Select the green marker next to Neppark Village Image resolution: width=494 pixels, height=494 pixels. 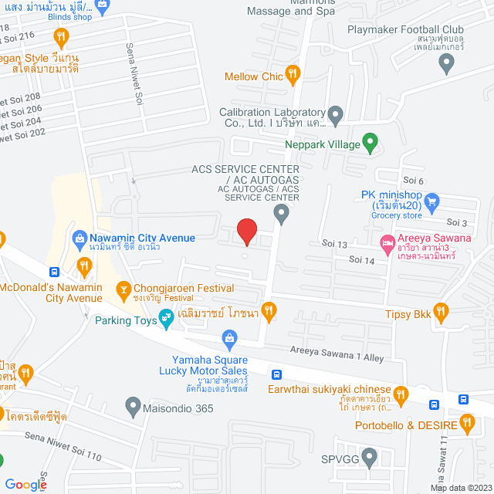point(370,143)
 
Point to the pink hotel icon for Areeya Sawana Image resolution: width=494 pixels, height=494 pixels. point(386,245)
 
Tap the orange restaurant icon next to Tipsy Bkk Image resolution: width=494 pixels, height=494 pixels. point(441,312)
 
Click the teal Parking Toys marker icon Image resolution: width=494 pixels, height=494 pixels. point(165,317)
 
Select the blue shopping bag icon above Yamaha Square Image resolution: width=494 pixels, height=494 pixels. point(229,337)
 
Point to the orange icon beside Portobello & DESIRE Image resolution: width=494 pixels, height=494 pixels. point(466,422)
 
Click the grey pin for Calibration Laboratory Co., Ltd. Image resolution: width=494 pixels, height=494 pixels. point(335,113)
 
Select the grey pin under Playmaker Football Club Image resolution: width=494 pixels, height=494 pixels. point(446,65)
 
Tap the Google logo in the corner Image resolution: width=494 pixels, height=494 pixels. point(26,484)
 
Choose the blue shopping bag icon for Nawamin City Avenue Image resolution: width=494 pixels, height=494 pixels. point(79,239)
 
